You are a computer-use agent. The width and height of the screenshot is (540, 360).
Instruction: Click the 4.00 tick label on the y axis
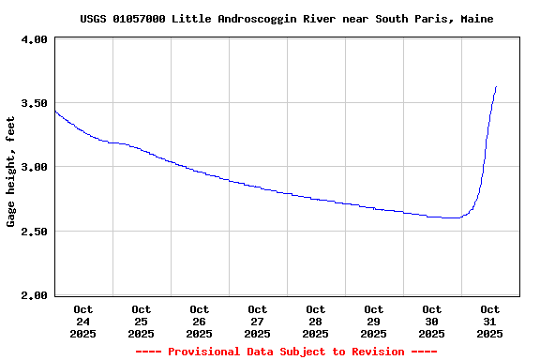[34, 39]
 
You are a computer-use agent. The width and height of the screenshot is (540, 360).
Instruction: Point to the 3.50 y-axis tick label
[34, 103]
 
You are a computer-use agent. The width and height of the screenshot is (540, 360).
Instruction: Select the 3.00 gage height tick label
[34, 167]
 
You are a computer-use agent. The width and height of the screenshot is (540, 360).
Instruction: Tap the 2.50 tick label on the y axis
[34, 231]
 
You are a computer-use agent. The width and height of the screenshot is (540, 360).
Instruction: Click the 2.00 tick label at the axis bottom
[34, 294]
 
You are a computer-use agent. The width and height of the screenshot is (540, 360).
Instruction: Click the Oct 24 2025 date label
[83, 321]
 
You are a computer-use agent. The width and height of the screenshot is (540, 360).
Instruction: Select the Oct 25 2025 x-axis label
[142, 321]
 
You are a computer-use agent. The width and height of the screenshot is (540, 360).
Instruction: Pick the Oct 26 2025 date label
[200, 321]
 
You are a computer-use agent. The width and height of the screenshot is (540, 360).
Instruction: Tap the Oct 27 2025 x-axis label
[258, 321]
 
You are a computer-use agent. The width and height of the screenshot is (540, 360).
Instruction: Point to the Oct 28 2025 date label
[316, 321]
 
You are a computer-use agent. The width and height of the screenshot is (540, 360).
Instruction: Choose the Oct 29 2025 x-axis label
[374, 321]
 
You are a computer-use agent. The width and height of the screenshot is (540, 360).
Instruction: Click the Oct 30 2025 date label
[432, 321]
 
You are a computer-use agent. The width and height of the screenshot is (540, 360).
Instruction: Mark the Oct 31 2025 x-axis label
[490, 321]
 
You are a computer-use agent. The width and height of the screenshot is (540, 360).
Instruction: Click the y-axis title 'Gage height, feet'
[11, 172]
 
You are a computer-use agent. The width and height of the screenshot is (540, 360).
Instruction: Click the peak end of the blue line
[496, 86]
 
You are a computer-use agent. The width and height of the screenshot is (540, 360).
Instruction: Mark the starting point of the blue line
[55, 112]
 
